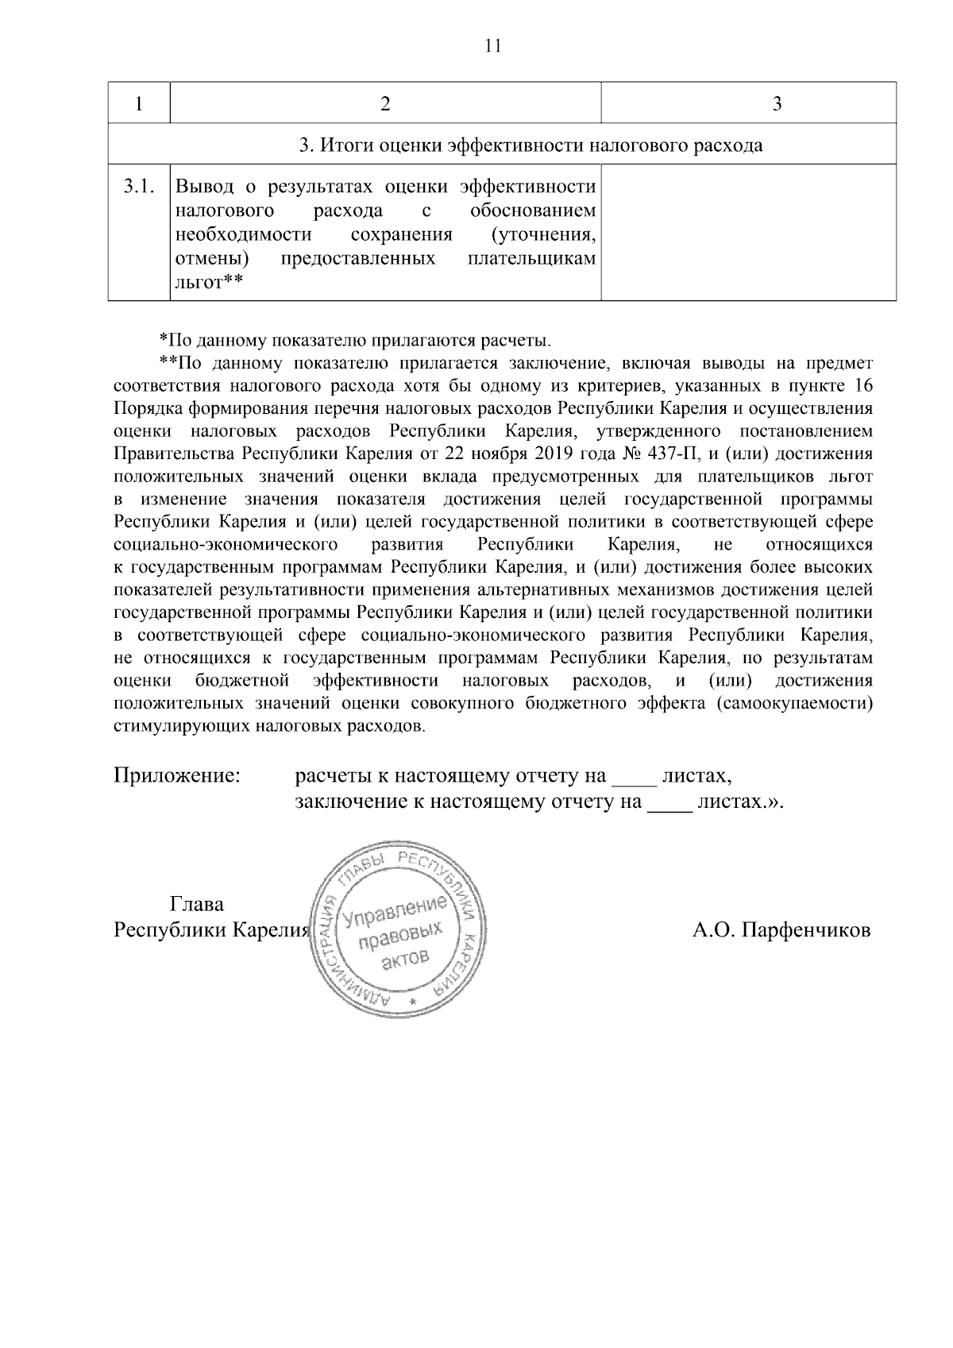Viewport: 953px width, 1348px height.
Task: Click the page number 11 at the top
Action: [x=492, y=46]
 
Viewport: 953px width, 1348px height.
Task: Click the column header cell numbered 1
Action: [x=140, y=104]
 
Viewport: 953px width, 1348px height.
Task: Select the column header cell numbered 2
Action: [x=385, y=104]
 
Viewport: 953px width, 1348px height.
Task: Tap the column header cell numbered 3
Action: [x=777, y=104]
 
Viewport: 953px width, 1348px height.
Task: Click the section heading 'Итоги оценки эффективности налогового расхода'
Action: [x=531, y=145]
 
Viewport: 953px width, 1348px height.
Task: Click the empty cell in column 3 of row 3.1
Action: [x=748, y=233]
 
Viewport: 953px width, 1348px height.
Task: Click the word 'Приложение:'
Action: [x=177, y=775]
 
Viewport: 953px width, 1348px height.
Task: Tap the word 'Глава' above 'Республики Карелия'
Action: [x=197, y=904]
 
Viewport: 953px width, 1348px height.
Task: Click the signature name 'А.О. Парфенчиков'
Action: [x=781, y=930]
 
